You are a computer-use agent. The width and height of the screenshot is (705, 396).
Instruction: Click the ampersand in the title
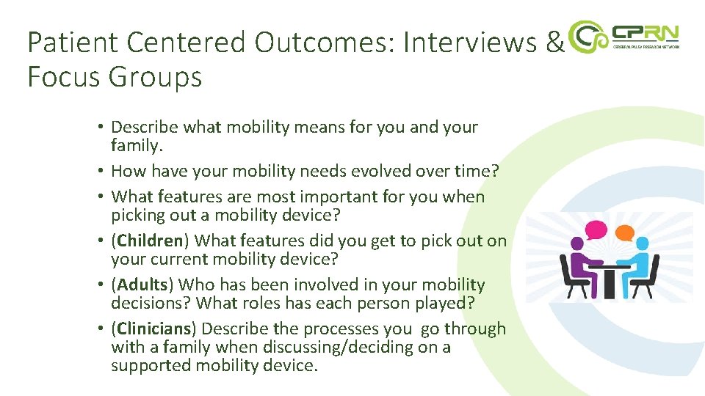pyautogui.click(x=554, y=43)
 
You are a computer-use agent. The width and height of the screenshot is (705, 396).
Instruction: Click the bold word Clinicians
pyautogui.click(x=154, y=329)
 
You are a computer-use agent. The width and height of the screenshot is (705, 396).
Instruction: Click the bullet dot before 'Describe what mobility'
pyautogui.click(x=99, y=128)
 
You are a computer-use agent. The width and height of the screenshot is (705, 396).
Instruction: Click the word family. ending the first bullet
pyautogui.click(x=136, y=146)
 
